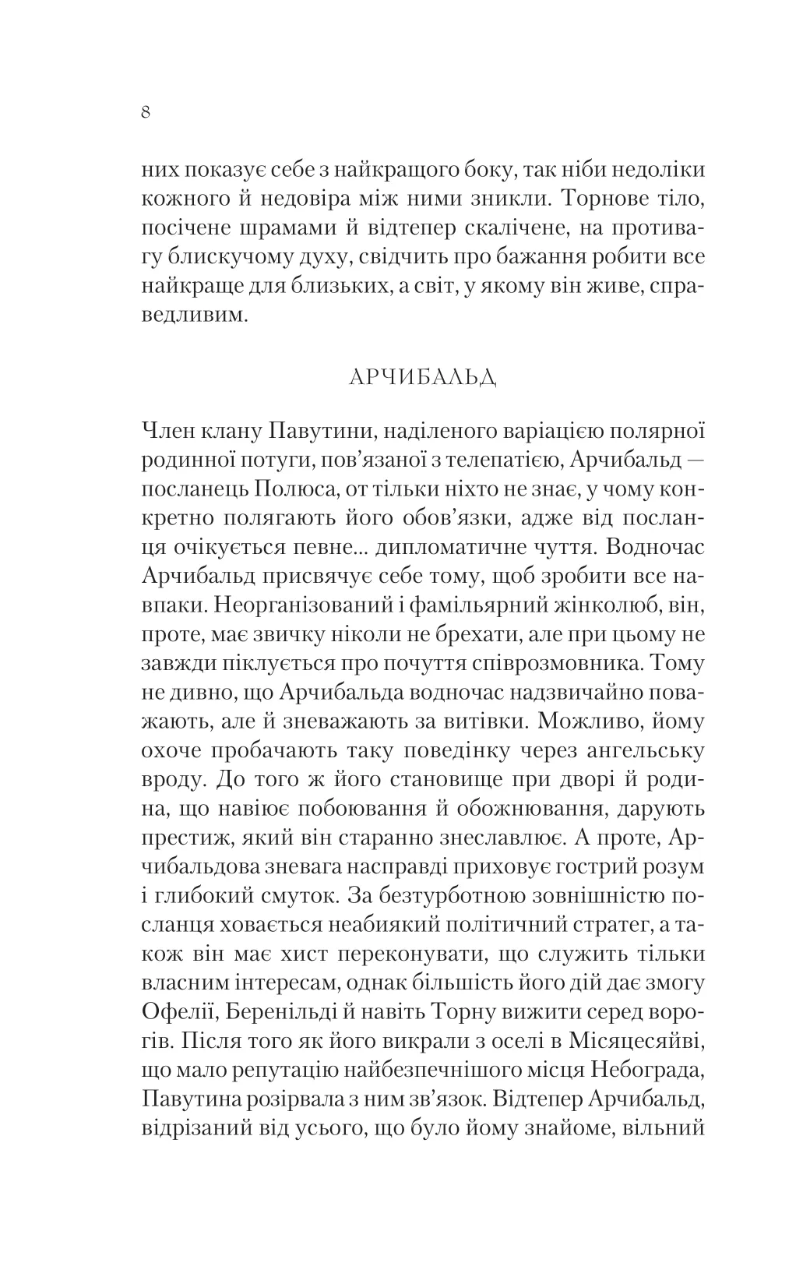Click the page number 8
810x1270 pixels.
146,112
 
